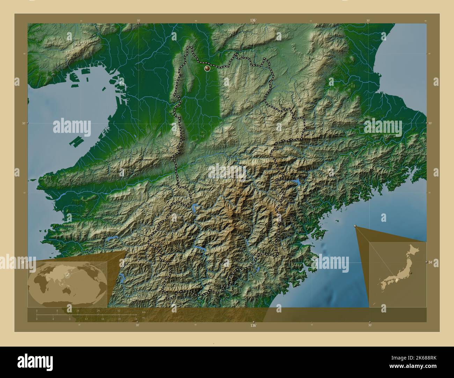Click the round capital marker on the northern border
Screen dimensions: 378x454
tap(207, 68)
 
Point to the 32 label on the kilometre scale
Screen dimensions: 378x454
tap(119, 310)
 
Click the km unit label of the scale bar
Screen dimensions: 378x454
tap(144, 312)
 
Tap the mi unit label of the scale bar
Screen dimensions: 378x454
tap(143, 317)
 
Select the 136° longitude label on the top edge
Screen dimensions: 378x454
tap(253, 21)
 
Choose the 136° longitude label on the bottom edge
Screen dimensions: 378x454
tap(253, 325)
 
